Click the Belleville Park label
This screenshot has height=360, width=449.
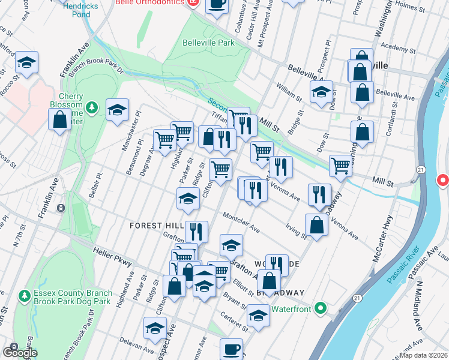click(x=208, y=43)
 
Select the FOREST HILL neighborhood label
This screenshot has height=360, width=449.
click(x=157, y=225)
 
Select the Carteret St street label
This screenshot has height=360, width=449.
click(x=234, y=322)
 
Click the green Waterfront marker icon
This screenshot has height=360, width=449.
click(x=321, y=309)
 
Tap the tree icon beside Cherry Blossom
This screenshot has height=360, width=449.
click(x=91, y=108)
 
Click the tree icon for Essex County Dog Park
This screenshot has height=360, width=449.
click(x=24, y=296)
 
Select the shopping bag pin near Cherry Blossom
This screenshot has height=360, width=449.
click(x=61, y=120)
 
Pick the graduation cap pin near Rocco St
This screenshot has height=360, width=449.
click(x=26, y=62)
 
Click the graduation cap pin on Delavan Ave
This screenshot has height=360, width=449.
click(x=155, y=329)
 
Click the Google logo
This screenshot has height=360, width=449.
click(x=20, y=352)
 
